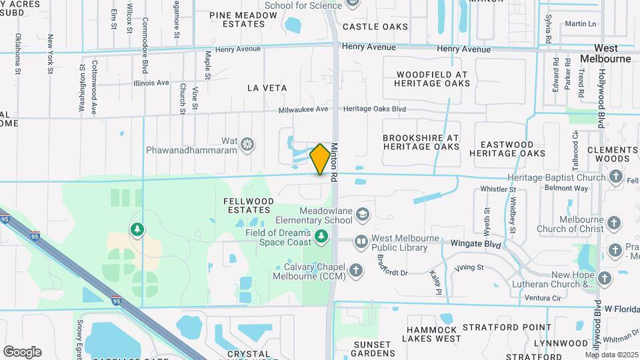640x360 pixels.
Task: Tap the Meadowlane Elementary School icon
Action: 362,214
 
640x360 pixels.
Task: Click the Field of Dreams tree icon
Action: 321,237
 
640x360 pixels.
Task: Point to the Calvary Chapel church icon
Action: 357,270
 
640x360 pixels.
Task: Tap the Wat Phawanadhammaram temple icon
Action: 247,145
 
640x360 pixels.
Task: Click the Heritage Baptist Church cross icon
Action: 615,178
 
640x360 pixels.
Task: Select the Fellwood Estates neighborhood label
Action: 247,205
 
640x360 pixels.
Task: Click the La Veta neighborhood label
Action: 267,88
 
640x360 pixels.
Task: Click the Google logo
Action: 22,351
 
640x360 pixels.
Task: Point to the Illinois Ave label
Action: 151,83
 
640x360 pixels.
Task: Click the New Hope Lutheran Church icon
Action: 605,279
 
